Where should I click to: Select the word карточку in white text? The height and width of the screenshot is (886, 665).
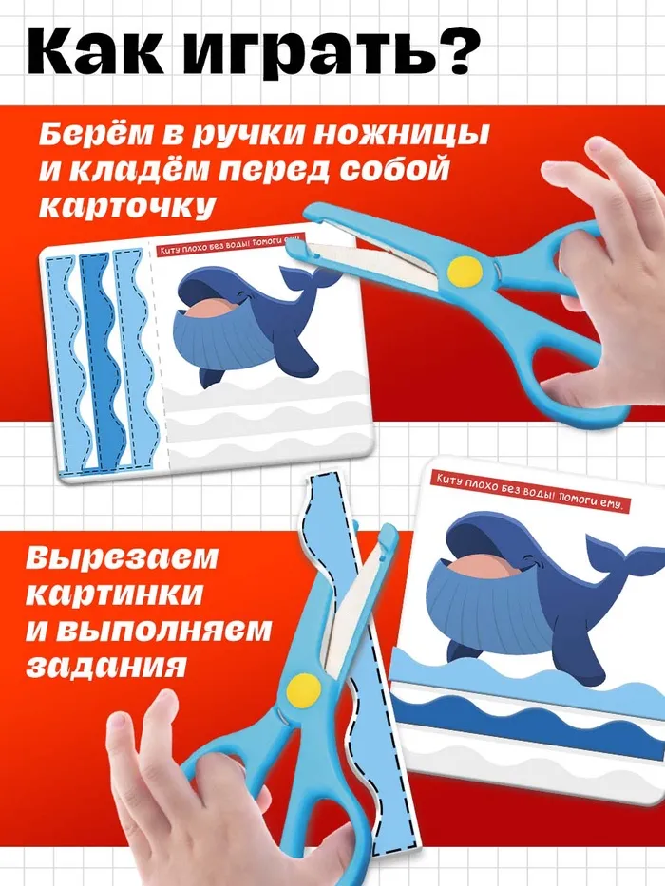pos(127,206)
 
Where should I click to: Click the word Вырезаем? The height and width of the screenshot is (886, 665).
pos(122,557)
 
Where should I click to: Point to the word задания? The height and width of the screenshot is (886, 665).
pos(106,665)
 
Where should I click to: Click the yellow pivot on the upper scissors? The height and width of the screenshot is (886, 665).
pos(465,270)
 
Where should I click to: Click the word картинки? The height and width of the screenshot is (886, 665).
pos(114,594)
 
